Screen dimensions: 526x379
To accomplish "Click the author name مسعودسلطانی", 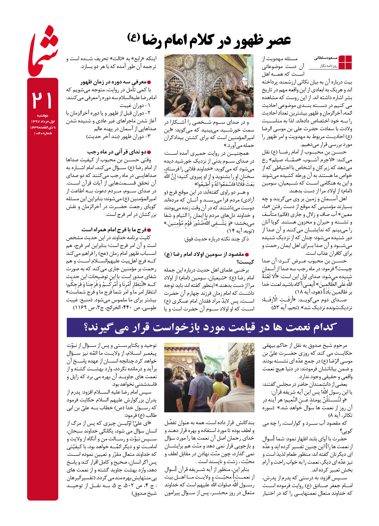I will (326, 58).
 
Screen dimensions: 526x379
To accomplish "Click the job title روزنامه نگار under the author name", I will (328, 66).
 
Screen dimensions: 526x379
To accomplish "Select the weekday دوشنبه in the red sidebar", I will (42, 116).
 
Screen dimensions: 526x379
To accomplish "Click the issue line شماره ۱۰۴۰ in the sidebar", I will (43, 133).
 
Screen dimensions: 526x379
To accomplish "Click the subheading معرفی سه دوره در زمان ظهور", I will (113, 82).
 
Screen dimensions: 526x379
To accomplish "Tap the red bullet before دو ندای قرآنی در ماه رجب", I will (149, 152).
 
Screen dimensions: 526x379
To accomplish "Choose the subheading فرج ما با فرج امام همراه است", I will (114, 230).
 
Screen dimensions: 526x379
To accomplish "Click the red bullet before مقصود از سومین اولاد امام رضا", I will (247, 255).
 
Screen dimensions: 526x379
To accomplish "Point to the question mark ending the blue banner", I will (86, 327).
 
